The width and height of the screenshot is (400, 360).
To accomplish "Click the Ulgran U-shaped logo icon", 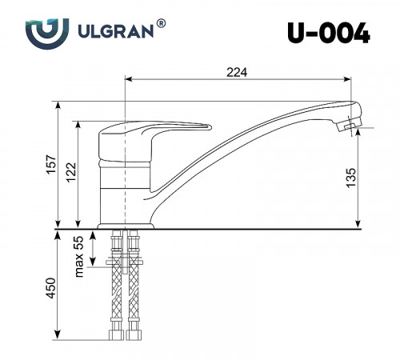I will [42, 34].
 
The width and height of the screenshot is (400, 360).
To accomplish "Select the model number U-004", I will [328, 33].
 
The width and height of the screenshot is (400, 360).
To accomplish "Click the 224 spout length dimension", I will [236, 72].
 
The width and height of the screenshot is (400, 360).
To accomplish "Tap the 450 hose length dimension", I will [50, 290].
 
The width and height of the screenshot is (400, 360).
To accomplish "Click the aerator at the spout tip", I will [350, 124].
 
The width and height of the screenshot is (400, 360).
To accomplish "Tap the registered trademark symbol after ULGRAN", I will [162, 25].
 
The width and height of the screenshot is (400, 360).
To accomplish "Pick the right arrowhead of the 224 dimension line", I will [350, 80].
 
